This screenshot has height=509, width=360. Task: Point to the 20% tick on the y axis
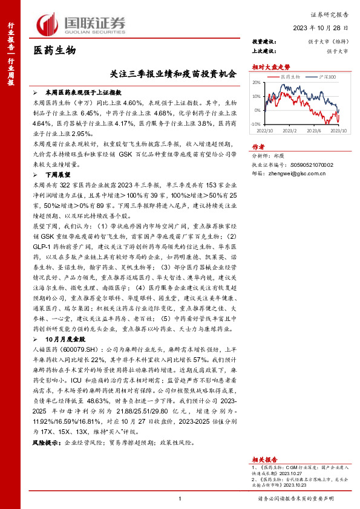click(x=257, y=83)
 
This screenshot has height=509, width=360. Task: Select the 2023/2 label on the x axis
click(x=289, y=130)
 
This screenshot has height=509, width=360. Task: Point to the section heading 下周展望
click(x=58, y=173)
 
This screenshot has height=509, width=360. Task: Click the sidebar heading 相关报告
click(x=264, y=443)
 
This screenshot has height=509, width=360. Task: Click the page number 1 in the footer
click(x=180, y=498)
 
